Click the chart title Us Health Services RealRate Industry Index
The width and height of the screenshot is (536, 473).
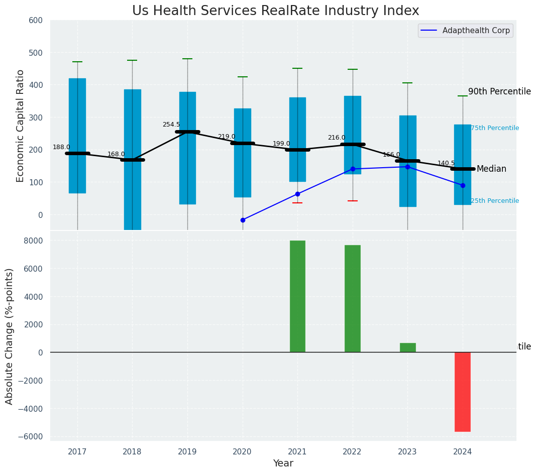[x=275, y=11]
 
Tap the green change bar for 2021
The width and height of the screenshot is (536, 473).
[x=297, y=296]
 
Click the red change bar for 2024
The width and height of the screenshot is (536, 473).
[x=463, y=392]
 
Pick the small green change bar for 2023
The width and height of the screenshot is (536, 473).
[x=407, y=347]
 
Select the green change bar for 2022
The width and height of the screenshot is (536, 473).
[x=353, y=298]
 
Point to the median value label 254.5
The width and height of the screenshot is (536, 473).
[x=171, y=125]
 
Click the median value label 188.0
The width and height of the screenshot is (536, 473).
[x=61, y=147]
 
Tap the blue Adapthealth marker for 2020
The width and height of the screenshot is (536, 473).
[x=243, y=220]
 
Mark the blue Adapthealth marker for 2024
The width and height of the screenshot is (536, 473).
[x=463, y=185]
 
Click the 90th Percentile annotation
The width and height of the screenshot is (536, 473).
[x=499, y=91]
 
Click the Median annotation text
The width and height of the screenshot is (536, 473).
[x=491, y=169]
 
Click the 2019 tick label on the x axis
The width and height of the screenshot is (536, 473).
[x=187, y=452]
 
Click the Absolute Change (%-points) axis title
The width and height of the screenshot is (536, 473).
[x=10, y=336]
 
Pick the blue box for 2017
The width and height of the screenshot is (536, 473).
[x=77, y=136]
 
